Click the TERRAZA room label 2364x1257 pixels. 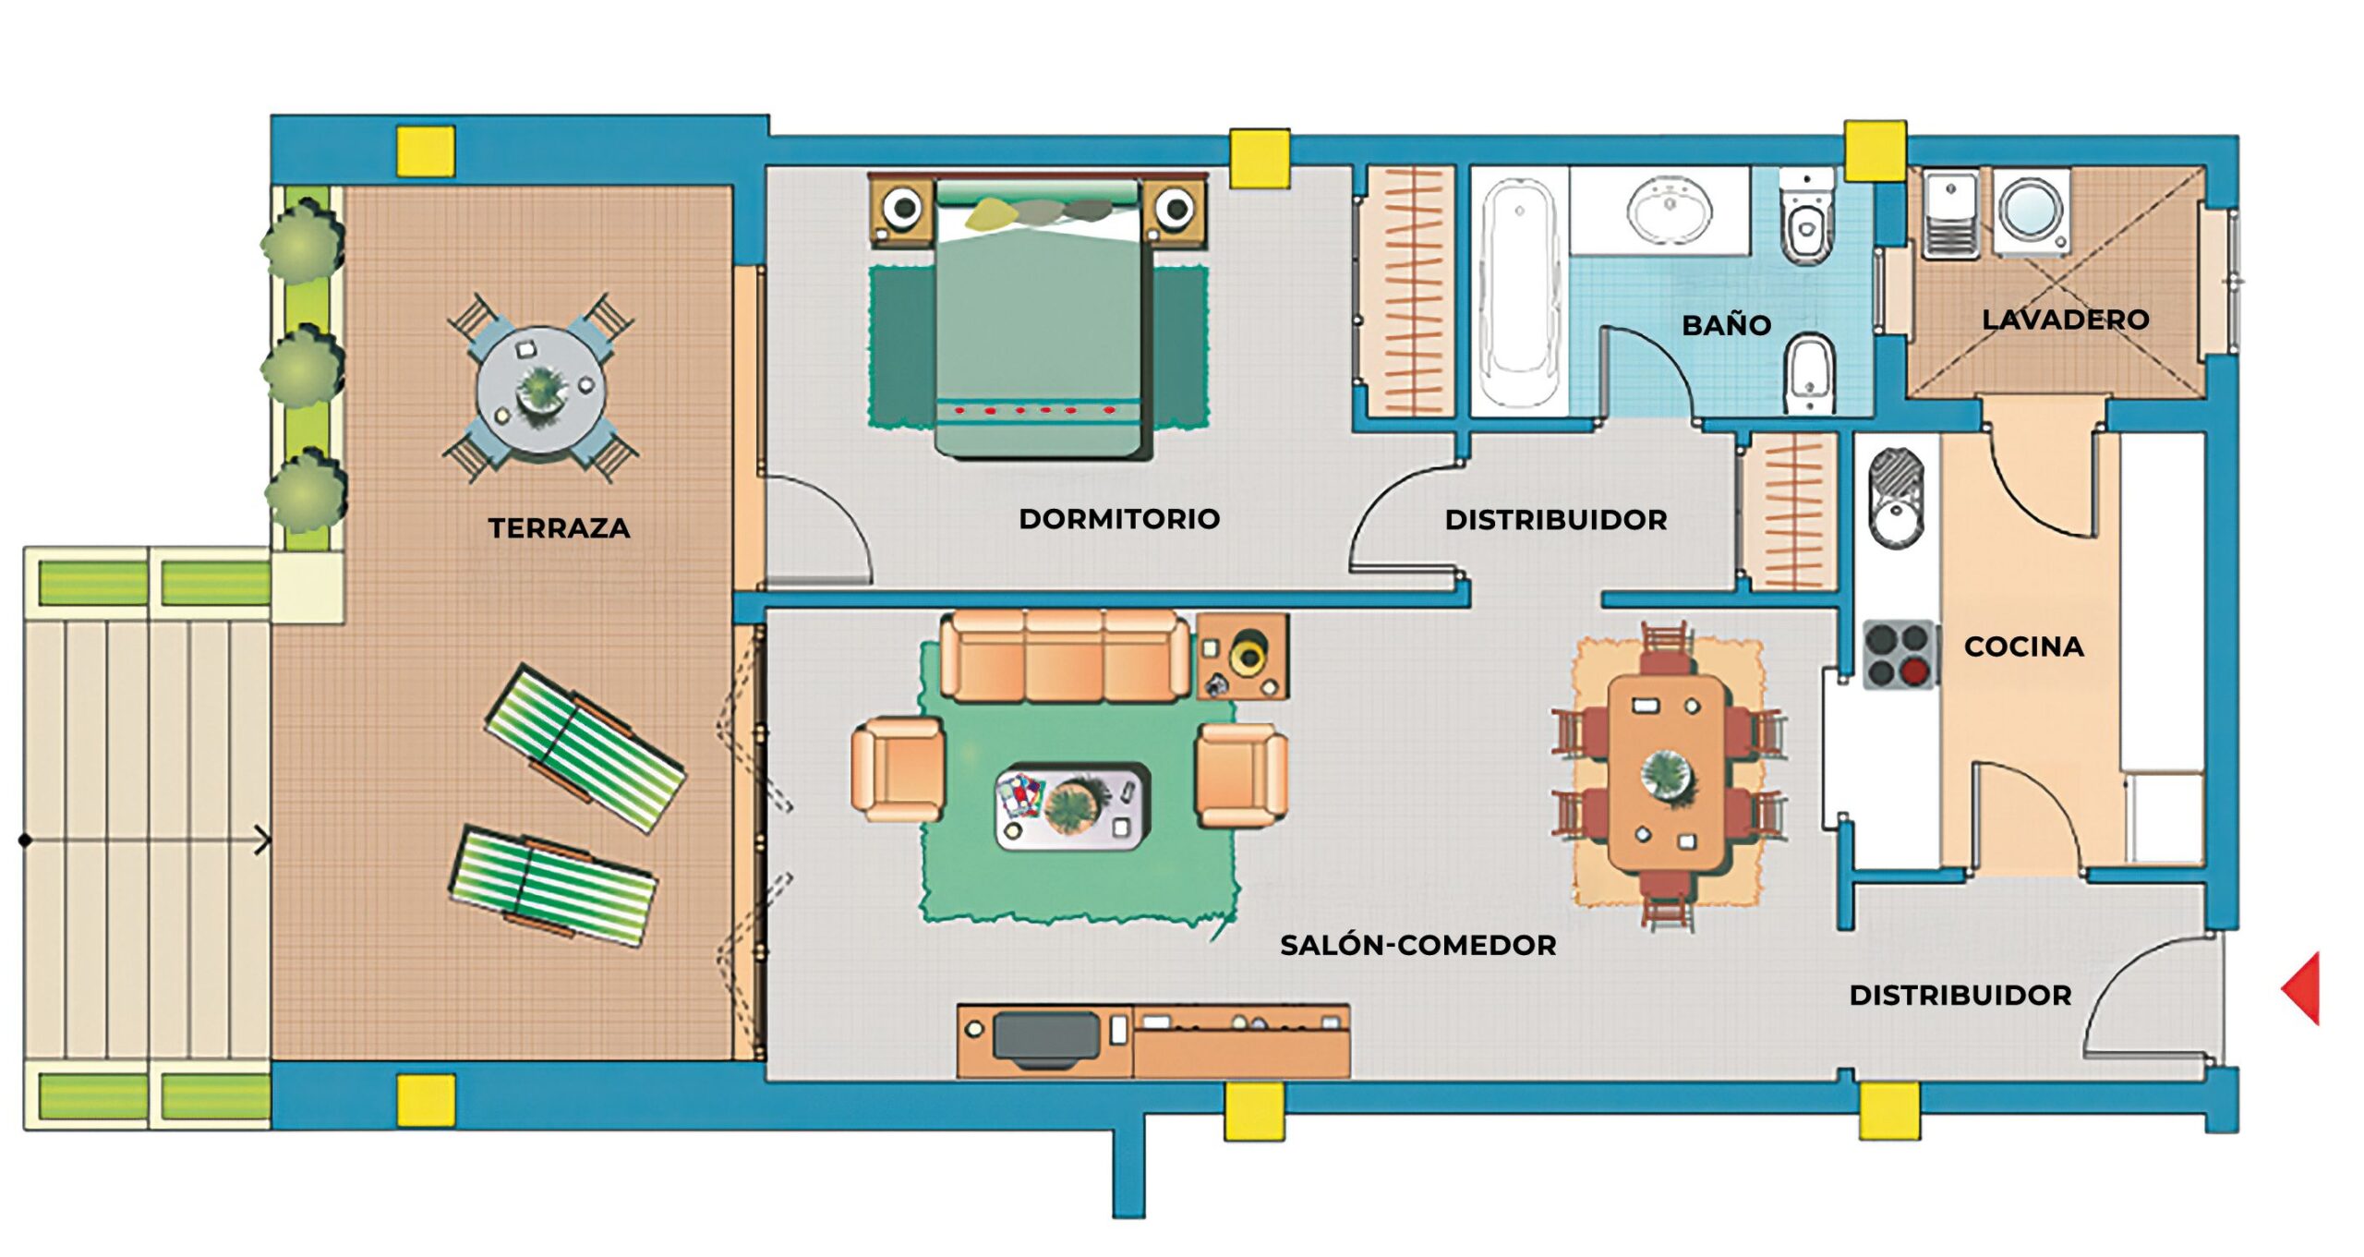click(559, 528)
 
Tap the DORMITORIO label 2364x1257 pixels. click(1119, 519)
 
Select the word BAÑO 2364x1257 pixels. click(1726, 325)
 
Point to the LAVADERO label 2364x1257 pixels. click(2065, 320)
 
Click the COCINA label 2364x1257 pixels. click(2023, 647)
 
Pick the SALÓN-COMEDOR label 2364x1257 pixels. click(1417, 945)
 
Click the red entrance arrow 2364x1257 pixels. click(2303, 988)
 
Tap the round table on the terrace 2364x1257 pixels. click(541, 389)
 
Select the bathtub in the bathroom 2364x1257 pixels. click(1519, 291)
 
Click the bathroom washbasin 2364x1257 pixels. click(1669, 212)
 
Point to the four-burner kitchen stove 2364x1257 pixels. click(1899, 655)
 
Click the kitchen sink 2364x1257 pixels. click(1896, 499)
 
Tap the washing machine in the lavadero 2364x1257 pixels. click(2031, 212)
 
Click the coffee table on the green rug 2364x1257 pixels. click(1071, 806)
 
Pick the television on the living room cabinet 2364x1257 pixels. click(1046, 1038)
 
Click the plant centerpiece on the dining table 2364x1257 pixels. click(1667, 774)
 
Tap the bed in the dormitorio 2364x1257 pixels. click(1039, 323)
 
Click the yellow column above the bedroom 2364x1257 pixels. click(1260, 158)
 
